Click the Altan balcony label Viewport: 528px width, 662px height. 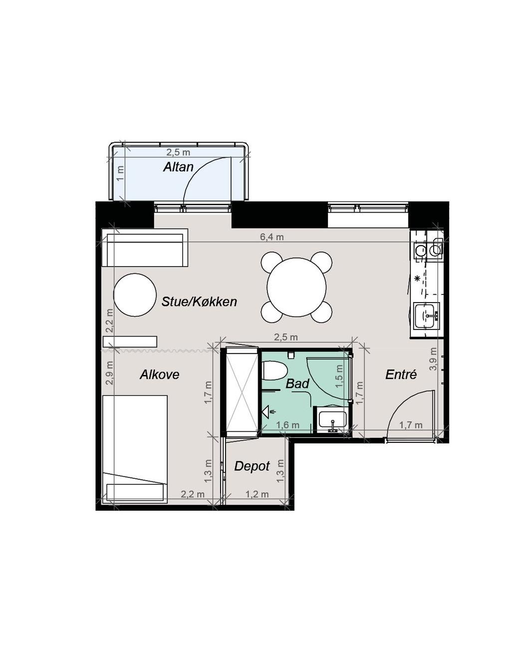(178, 167)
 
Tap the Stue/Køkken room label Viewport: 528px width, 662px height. (199, 302)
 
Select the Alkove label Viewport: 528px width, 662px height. (159, 374)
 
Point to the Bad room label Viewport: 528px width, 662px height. (297, 383)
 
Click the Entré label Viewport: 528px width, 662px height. (401, 374)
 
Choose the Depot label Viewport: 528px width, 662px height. (252, 467)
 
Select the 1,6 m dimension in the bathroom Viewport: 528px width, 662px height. (287, 425)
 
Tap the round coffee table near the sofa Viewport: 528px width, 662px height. (135, 295)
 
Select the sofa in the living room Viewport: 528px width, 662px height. (145, 248)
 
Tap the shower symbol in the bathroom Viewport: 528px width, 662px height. (267, 411)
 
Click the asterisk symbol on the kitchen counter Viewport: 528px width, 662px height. (417, 279)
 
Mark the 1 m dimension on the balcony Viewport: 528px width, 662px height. (121, 174)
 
